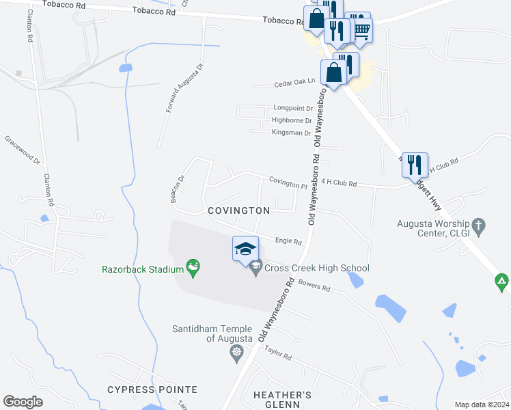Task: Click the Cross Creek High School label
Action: (x=316, y=268)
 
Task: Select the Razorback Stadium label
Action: (x=141, y=269)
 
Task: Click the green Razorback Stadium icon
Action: (x=192, y=268)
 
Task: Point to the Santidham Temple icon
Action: (x=236, y=353)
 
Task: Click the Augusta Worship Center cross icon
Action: (x=479, y=223)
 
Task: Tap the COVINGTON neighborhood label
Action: (x=238, y=210)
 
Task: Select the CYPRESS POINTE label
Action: (x=152, y=389)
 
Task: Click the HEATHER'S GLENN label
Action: (x=282, y=400)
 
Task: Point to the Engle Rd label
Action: (x=288, y=241)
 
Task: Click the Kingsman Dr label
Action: (x=291, y=133)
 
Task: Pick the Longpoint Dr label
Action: (x=292, y=108)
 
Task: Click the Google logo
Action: (x=23, y=402)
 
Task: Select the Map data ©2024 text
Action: (x=481, y=405)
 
